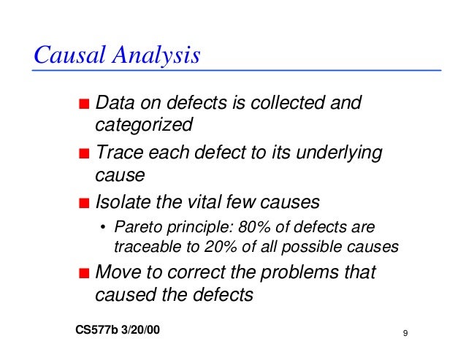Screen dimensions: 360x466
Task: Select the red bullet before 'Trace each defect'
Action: (85, 154)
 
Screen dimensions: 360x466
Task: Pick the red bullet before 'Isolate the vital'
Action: (85, 202)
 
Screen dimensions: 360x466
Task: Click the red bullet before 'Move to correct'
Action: (85, 274)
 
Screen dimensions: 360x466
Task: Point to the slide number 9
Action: (405, 334)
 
